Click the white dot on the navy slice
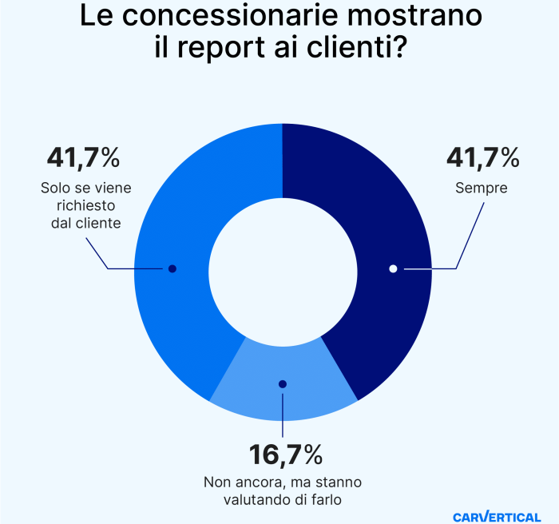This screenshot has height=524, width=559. click(x=393, y=268)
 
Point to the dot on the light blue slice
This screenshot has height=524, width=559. click(x=282, y=384)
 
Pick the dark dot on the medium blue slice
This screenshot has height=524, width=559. click(x=172, y=268)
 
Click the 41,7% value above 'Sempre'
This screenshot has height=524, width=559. click(x=482, y=157)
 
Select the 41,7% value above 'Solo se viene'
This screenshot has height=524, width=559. click(x=82, y=157)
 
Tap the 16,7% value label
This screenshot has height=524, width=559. click(x=285, y=455)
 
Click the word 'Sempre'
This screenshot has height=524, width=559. click(x=482, y=189)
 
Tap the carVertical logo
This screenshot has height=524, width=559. click(x=496, y=516)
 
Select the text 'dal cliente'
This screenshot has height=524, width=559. click(x=81, y=224)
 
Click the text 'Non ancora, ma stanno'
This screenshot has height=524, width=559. click(x=283, y=482)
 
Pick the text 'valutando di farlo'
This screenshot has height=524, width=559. click(x=283, y=500)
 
